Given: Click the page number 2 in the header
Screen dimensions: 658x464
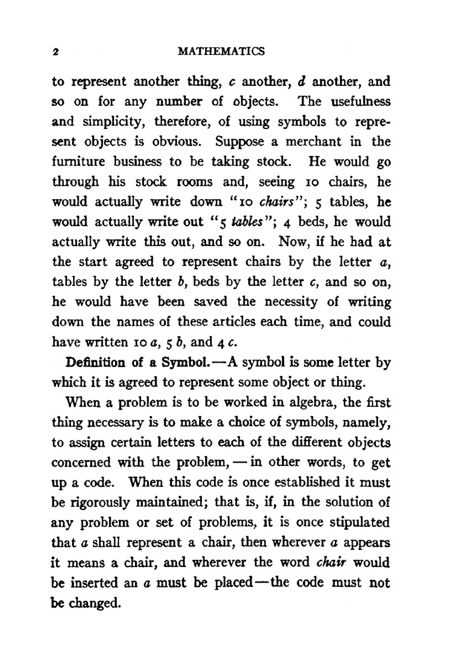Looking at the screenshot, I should [55, 52].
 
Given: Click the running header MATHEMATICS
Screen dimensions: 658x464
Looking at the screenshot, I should [221, 52].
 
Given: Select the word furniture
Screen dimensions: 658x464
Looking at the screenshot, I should [78, 162].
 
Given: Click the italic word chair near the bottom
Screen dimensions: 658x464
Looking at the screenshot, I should [332, 563].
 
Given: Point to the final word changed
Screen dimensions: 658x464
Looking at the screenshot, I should [95, 603].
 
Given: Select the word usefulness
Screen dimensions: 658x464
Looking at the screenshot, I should [361, 102].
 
